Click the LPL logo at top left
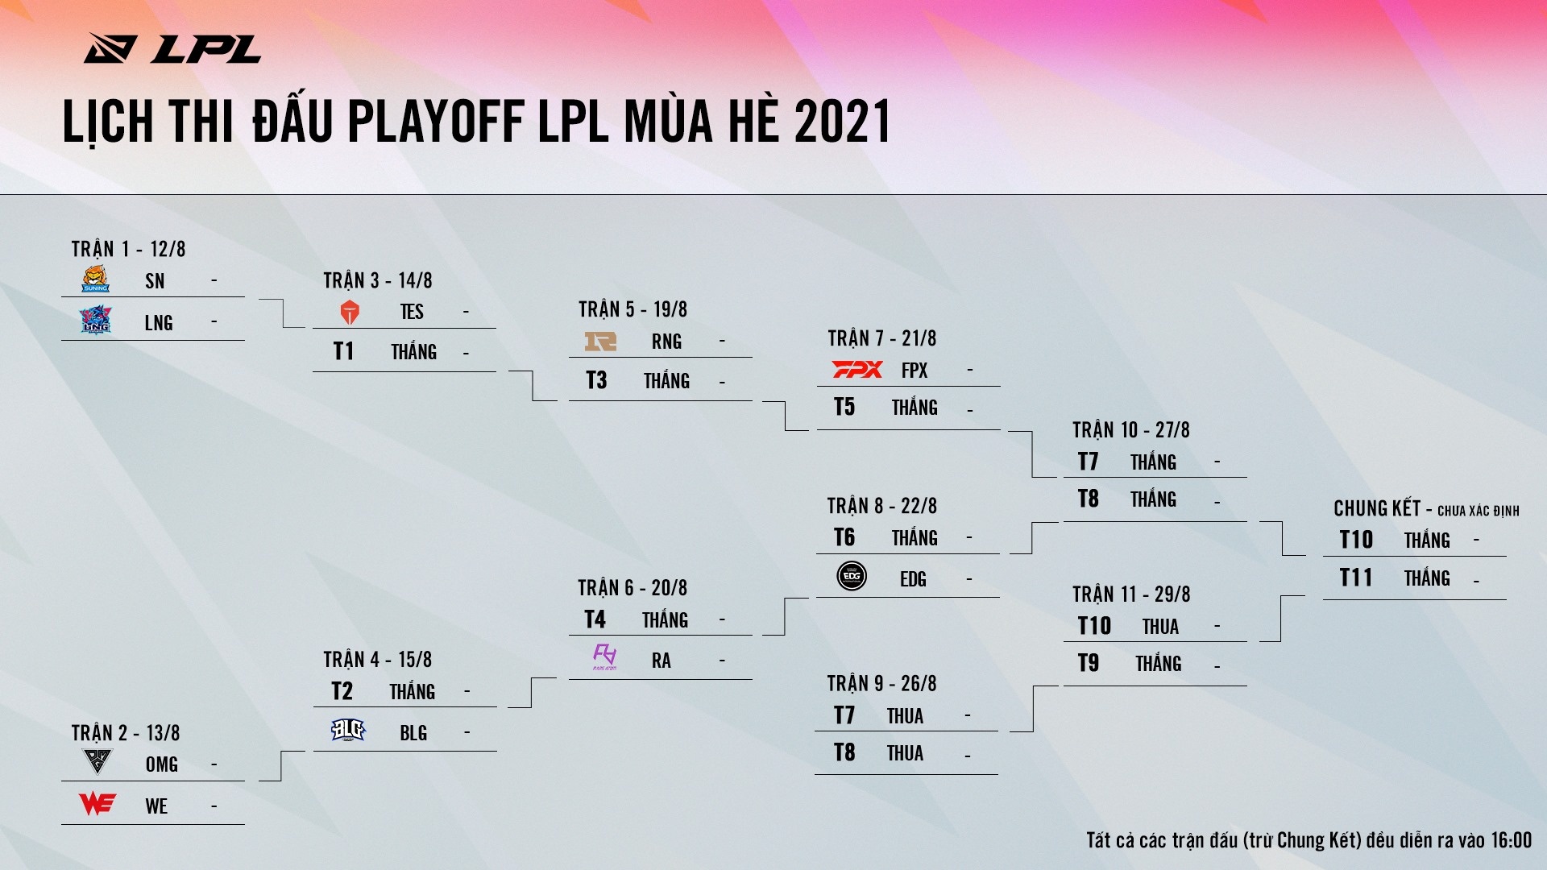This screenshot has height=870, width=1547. (172, 48)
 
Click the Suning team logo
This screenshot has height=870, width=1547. (96, 279)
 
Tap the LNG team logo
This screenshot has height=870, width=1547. (96, 320)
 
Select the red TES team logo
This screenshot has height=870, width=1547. (350, 312)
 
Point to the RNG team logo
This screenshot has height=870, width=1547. (600, 342)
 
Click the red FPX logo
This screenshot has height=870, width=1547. (857, 370)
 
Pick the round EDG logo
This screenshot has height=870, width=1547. (852, 576)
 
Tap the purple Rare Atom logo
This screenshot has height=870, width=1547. (604, 657)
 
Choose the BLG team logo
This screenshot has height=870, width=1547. (348, 731)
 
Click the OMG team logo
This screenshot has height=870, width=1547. (97, 761)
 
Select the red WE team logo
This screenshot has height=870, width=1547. (97, 804)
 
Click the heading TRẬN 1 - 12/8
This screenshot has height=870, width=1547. (128, 249)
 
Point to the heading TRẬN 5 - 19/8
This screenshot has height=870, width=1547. (632, 309)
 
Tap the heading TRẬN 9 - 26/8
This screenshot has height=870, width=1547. (881, 684)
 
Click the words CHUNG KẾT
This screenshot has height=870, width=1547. (1376, 508)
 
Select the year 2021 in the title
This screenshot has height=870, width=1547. (843, 122)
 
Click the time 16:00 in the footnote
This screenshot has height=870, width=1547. (1511, 840)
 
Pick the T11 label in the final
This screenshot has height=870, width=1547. (1356, 578)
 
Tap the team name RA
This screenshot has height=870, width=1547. (662, 661)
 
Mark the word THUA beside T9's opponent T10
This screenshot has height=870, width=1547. (1160, 627)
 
